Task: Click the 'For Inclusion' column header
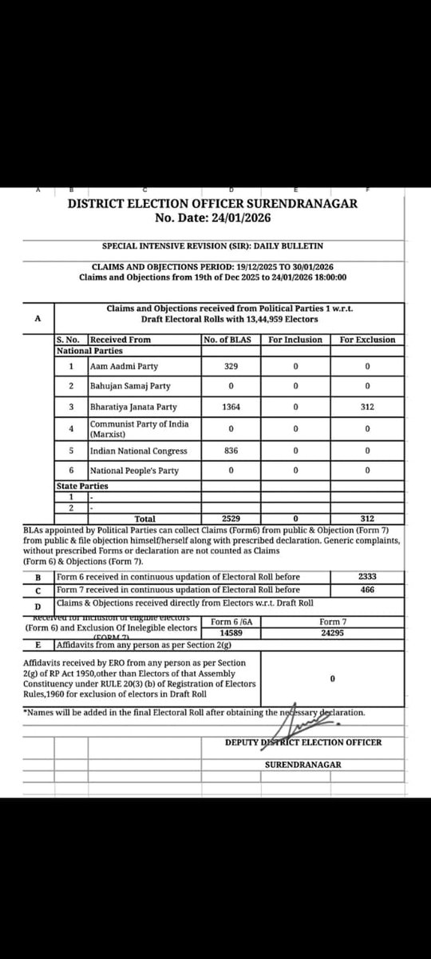295,340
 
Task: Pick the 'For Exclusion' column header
367,340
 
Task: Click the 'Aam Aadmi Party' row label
124,367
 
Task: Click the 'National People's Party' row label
134,472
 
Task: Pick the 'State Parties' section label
82,485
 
